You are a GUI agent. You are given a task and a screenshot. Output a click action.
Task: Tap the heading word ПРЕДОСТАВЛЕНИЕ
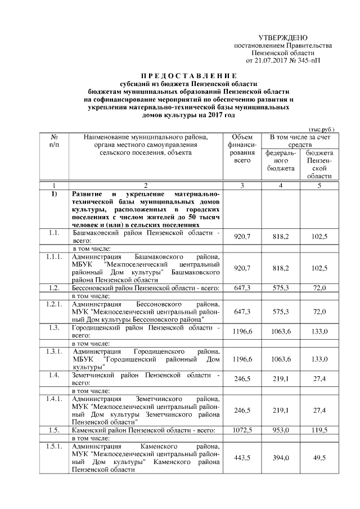pos(188,75)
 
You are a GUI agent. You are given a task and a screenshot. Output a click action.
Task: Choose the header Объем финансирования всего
pos(242,148)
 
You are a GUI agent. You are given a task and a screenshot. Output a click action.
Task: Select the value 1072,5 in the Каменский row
pos(242,430)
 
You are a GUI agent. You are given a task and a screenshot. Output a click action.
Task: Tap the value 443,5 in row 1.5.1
pos(242,458)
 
